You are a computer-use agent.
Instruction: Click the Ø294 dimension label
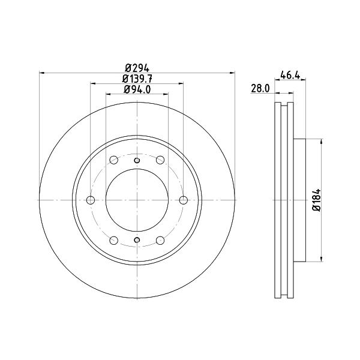(x=137, y=68)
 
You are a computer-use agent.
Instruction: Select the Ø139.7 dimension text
(x=137, y=79)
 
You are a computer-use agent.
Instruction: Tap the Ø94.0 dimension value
(x=137, y=89)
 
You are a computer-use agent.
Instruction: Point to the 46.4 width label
(x=290, y=75)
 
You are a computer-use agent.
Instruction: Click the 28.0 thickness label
(x=260, y=88)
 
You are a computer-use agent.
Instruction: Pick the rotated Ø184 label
(x=317, y=200)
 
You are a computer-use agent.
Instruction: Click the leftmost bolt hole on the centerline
(x=91, y=200)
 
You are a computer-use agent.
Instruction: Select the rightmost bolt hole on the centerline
(x=183, y=200)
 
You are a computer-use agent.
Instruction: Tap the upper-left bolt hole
(x=114, y=160)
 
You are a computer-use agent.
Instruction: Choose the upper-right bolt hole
(x=160, y=160)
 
